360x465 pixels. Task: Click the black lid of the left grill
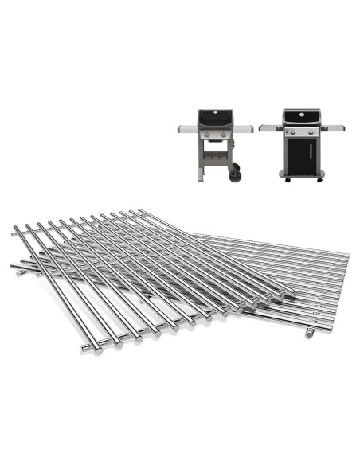click(217, 119)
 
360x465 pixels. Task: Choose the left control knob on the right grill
click(292, 132)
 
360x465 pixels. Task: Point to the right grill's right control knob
click(311, 132)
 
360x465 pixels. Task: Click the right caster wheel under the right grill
click(320, 179)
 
